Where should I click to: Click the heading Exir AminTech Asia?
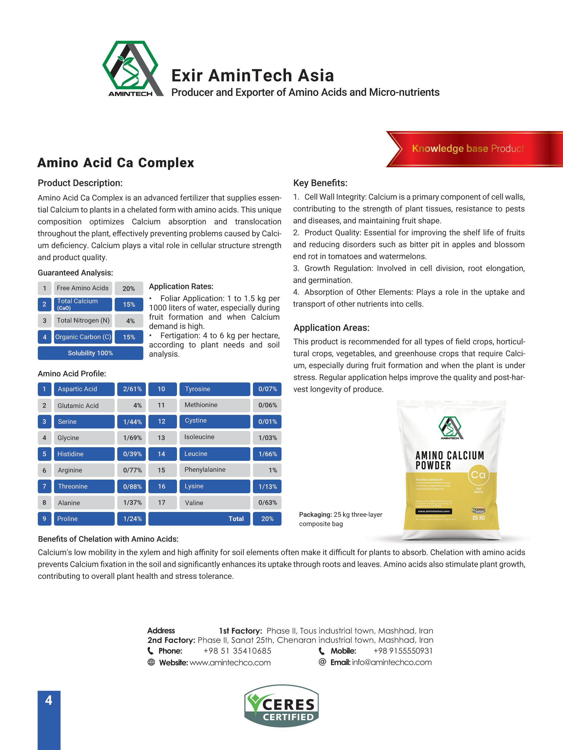[253, 76]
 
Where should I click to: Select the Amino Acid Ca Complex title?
[115, 163]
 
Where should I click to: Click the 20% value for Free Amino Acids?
[129, 289]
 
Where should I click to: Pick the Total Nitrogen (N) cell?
[83, 321]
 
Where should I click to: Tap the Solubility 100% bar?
[90, 353]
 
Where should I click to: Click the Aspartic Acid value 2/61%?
[132, 389]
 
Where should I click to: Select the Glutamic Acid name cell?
[84, 406]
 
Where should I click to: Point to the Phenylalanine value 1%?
[267, 470]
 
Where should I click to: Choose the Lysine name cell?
[214, 486]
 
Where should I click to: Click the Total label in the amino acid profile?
[236, 519]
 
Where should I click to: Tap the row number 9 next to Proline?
[44, 519]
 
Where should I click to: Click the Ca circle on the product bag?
[478, 475]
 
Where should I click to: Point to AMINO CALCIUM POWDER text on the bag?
[449, 460]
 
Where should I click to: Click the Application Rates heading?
[181, 287]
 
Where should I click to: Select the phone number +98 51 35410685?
[237, 651]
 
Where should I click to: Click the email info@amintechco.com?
[392, 662]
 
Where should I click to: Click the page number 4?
[49, 700]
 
